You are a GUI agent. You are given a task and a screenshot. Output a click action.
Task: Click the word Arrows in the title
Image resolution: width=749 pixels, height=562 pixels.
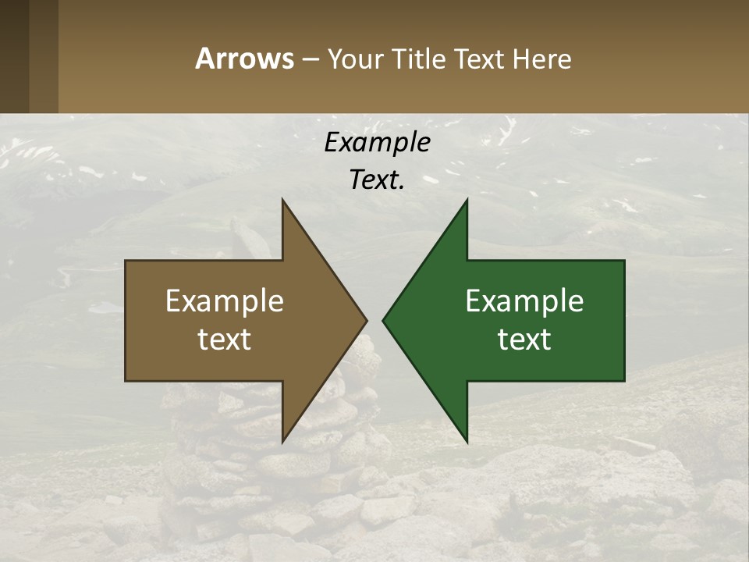[x=244, y=59]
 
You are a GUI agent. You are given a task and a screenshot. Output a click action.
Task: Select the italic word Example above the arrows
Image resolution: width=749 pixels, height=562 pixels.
[x=377, y=142]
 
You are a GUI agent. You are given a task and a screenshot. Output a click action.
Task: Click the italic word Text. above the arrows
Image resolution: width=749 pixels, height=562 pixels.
[x=377, y=180]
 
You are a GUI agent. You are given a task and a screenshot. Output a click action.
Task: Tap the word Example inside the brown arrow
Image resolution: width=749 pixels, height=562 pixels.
[x=225, y=301]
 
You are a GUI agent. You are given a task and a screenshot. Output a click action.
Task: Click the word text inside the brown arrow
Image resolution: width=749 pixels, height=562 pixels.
[x=225, y=339]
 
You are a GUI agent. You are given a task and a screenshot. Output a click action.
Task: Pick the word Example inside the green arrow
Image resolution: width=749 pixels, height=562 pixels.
[x=524, y=301]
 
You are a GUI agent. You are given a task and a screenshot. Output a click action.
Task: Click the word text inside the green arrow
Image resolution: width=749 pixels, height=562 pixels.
[x=524, y=339]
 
